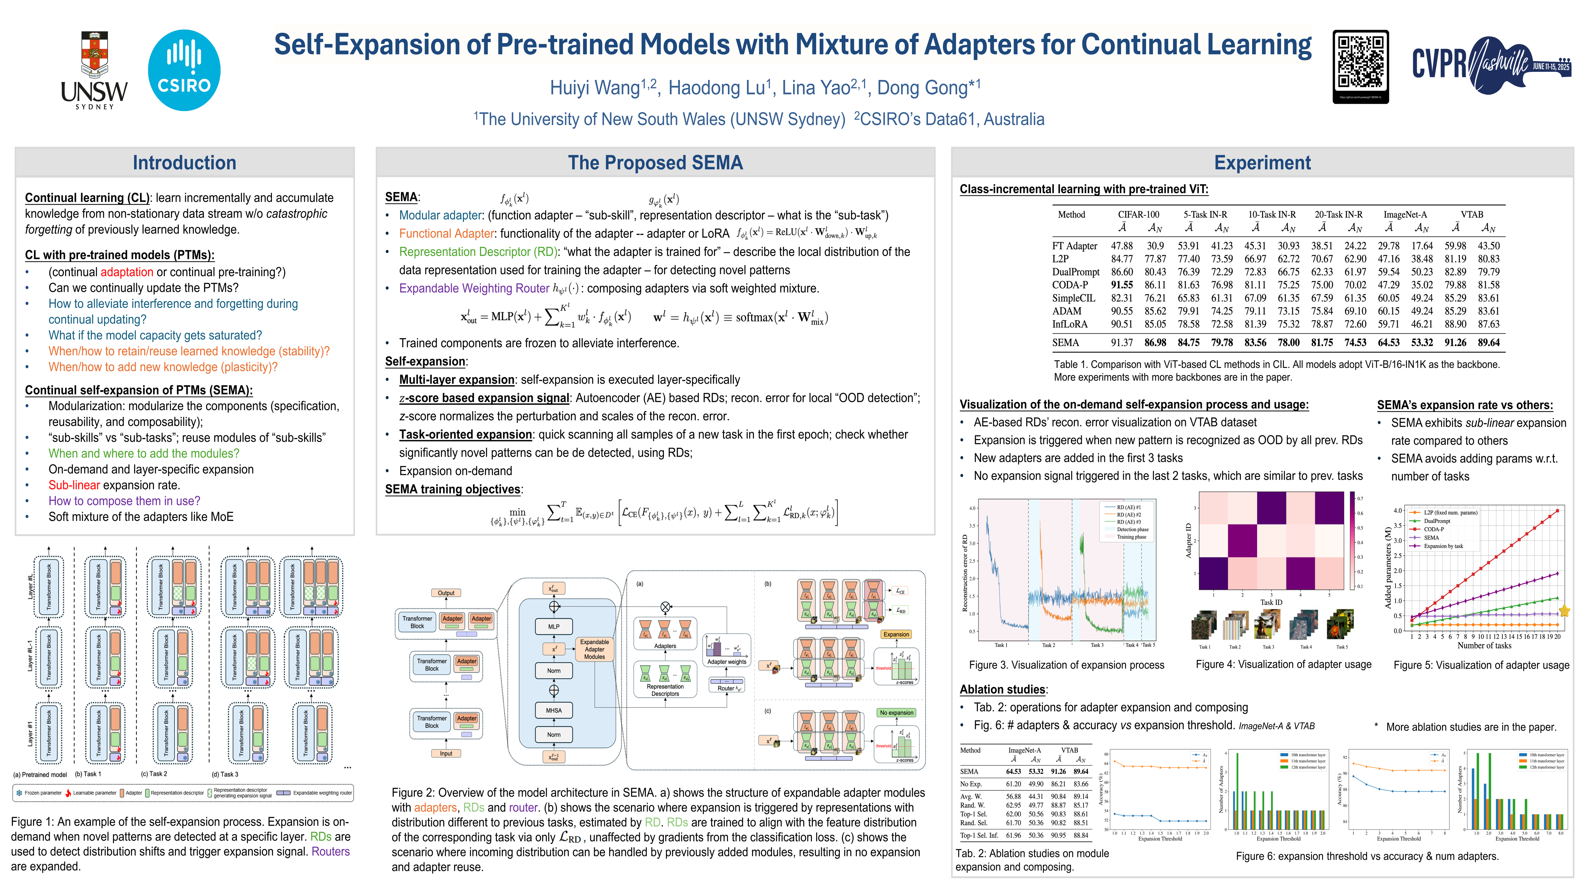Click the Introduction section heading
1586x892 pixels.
(x=184, y=163)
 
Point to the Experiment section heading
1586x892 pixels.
(x=1262, y=163)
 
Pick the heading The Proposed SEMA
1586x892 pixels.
(x=655, y=163)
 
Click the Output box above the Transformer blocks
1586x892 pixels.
(x=446, y=593)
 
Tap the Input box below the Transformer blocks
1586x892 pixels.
(x=446, y=754)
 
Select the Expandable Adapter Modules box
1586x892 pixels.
(x=594, y=649)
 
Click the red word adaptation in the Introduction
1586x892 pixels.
(x=127, y=272)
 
